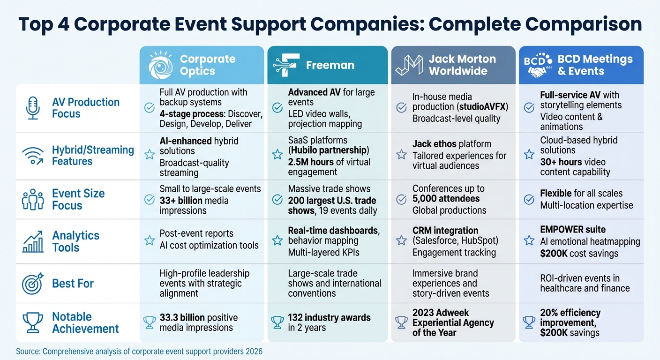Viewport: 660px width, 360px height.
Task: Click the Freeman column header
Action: [x=327, y=65]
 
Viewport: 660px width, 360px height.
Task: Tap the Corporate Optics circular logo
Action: [x=160, y=65]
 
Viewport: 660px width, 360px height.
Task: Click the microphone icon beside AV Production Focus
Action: [x=33, y=108]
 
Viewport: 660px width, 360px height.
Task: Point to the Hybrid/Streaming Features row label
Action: [x=93, y=156]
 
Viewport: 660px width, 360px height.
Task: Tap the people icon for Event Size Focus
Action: [x=33, y=199]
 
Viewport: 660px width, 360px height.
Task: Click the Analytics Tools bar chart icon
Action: [x=33, y=241]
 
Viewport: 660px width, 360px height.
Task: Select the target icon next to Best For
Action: [x=33, y=284]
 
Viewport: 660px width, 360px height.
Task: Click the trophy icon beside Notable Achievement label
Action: [x=33, y=322]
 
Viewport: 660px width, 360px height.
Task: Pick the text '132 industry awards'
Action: [x=329, y=317]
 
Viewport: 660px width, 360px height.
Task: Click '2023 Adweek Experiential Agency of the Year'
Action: [x=453, y=322]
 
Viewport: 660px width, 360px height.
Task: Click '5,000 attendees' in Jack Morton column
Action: [x=446, y=199]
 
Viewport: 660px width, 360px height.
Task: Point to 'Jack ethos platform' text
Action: [x=451, y=144]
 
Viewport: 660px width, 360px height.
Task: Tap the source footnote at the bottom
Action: [x=139, y=351]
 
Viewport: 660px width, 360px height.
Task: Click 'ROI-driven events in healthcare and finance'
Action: [x=585, y=283]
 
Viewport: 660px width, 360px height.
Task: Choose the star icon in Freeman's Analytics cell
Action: [x=277, y=240]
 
